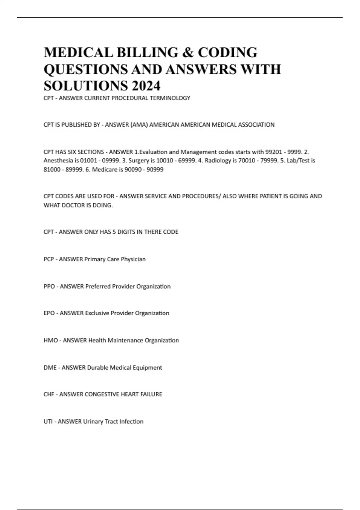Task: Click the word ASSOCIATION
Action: coord(256,125)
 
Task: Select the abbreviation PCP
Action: coord(49,259)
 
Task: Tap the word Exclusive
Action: coord(97,313)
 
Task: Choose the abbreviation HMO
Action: coord(51,340)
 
